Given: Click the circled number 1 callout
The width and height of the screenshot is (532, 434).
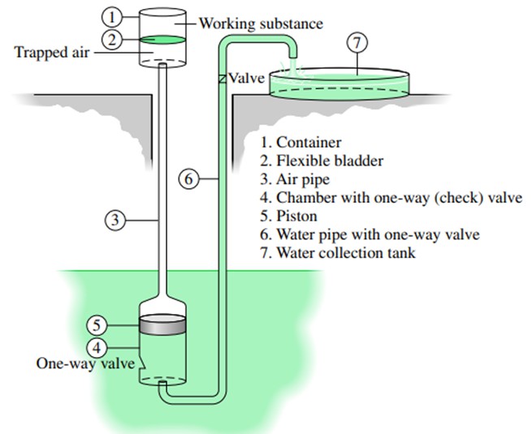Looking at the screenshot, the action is point(111,17).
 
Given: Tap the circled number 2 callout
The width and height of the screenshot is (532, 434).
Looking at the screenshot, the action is point(111,40).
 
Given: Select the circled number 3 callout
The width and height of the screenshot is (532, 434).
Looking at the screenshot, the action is point(115,220).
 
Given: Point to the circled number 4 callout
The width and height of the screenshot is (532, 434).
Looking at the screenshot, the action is point(97,348).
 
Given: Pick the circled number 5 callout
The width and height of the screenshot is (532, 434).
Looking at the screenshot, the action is point(97,325).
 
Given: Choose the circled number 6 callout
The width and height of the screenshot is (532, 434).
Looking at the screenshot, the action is point(188,178).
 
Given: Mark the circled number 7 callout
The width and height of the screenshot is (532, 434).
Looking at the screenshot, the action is point(357,43).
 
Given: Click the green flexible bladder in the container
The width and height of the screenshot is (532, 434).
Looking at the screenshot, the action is point(163,40).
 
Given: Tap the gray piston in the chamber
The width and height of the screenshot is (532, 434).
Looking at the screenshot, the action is point(163,324).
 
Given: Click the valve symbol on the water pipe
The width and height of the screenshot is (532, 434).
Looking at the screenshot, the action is point(223,79).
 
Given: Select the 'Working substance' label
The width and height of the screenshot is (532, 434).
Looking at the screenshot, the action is point(261,24).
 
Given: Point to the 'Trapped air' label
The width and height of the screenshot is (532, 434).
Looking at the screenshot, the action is point(51,53).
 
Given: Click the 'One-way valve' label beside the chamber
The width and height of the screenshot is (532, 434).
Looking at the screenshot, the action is point(85,363).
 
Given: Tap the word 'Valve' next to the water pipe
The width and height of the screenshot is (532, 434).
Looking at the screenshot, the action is point(246,78).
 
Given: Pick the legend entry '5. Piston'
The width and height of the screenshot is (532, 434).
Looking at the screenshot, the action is point(288,216).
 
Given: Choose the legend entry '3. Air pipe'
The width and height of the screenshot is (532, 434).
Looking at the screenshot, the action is point(295,179).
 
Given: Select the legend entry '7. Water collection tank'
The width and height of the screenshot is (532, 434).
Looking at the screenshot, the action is point(338,253).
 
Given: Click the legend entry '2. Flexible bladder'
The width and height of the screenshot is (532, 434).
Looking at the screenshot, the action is point(322,161).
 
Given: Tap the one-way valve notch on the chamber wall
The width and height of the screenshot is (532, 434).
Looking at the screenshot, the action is point(142,363).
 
